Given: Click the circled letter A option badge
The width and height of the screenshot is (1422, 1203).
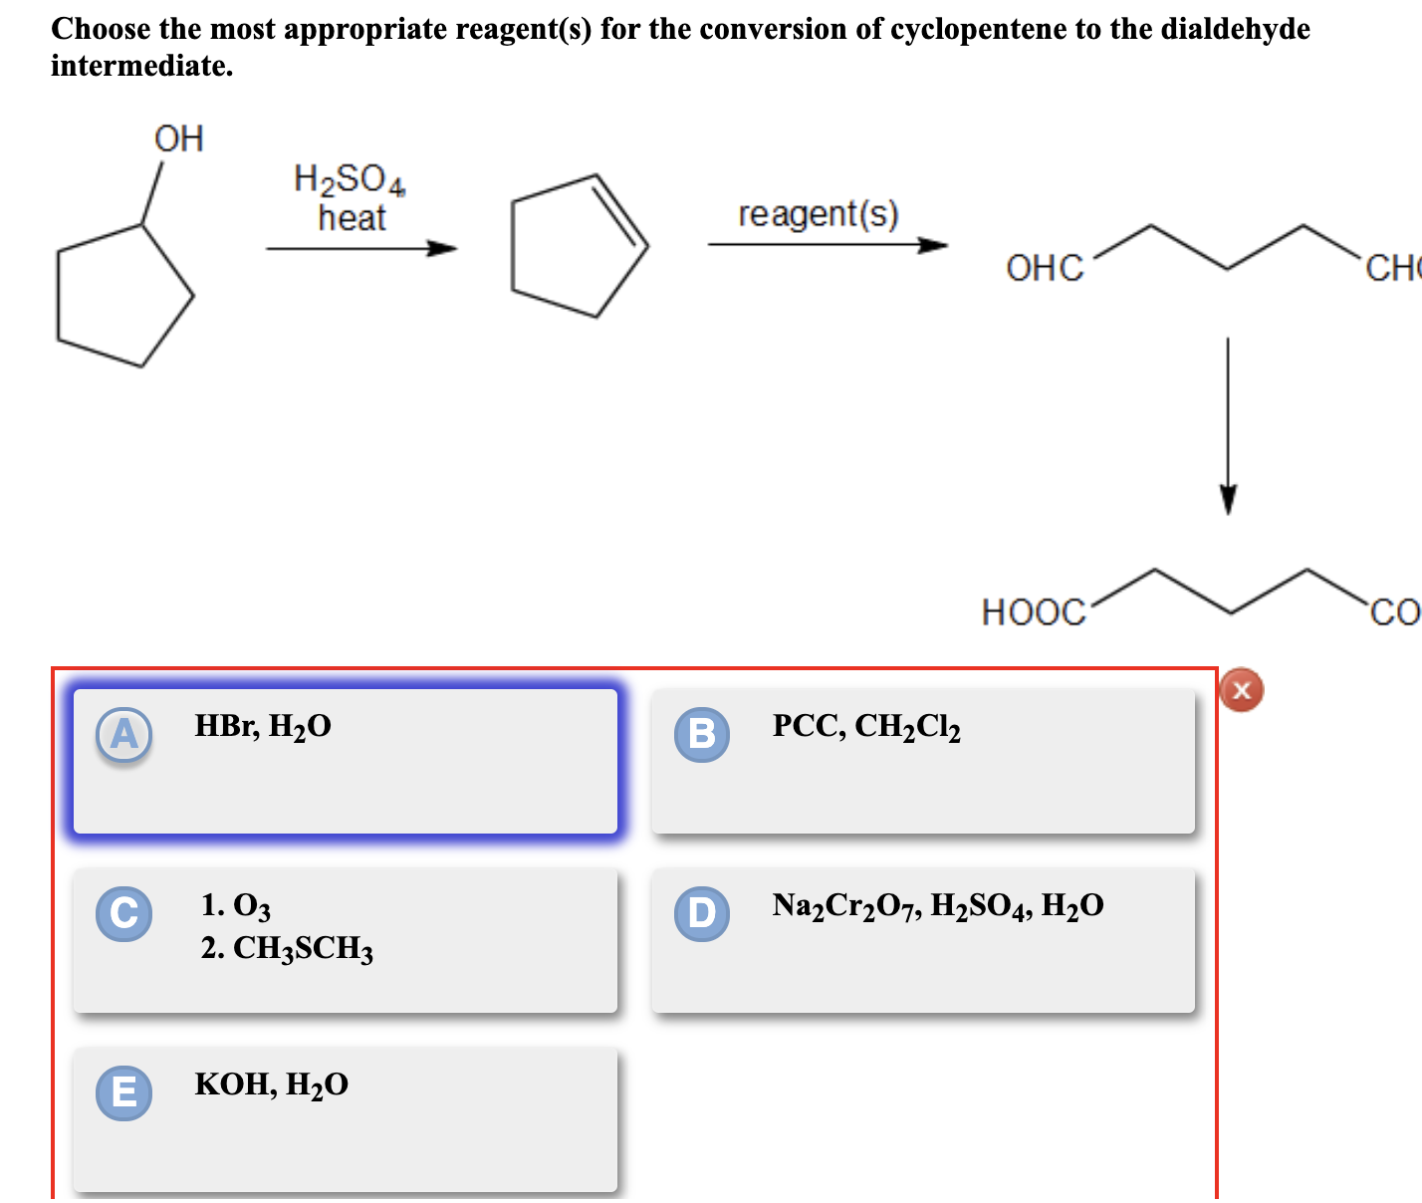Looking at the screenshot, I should (124, 735).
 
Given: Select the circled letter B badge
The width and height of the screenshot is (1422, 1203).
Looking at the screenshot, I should (702, 735).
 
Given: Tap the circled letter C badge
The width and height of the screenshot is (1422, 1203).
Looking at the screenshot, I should (124, 913).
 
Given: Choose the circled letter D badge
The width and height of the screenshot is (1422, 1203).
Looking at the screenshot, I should (702, 913).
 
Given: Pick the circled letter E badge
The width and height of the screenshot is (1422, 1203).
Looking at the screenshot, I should (124, 1092).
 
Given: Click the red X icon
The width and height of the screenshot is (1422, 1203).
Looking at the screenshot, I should (1241, 689).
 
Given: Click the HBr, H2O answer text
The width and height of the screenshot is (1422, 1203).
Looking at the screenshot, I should (263, 727).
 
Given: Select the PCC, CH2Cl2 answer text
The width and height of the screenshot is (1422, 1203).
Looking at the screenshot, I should (866, 727).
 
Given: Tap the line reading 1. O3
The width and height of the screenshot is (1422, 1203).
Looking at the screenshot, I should (236, 905).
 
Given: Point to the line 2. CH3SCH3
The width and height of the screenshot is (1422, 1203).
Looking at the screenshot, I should (287, 948).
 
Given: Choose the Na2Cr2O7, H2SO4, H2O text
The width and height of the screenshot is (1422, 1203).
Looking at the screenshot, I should (938, 906).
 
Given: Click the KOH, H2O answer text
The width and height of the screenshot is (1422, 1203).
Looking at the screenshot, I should (272, 1084).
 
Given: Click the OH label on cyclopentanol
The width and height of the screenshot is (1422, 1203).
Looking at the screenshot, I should (179, 138).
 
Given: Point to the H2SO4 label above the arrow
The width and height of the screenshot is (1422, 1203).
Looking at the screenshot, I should (350, 179).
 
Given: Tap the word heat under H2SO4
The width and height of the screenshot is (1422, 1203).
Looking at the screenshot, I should (352, 217).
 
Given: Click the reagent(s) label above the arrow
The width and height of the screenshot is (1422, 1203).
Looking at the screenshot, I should (819, 214).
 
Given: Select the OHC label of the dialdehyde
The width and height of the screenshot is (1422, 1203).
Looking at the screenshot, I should (1045, 268).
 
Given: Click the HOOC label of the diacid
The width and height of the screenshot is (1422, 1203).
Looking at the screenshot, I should (1034, 611).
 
